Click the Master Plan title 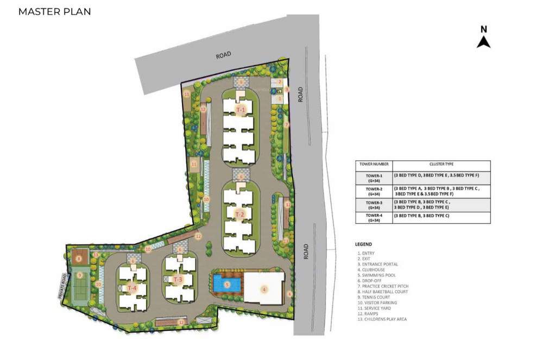54,11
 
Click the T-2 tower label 240,215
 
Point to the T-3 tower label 178,280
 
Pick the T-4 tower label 132,288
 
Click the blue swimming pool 219,283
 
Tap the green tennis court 80,283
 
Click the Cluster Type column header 441,164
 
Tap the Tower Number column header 374,164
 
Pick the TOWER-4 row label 374,217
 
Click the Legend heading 363,244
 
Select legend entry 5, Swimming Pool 376,275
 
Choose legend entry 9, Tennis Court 374,297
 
